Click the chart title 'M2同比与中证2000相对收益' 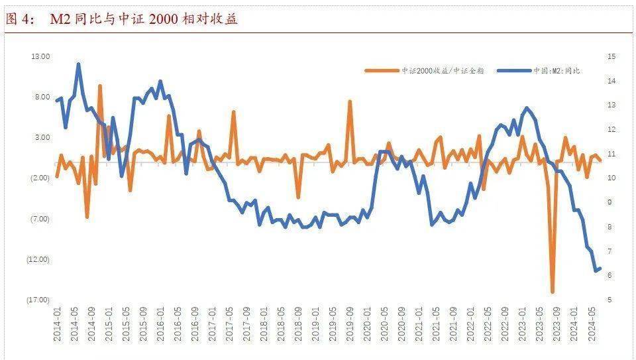(144, 19)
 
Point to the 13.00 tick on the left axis (41, 56)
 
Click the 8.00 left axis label (42, 97)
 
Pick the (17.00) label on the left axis (38, 300)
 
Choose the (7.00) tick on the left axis (40, 219)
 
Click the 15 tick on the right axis (611, 56)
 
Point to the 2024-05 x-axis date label (592, 325)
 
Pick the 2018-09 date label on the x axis (299, 325)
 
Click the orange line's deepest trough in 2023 (553, 292)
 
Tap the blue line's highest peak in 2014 (78, 64)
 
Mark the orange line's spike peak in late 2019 (350, 101)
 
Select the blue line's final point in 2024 (599, 269)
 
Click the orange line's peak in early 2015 (100, 86)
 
